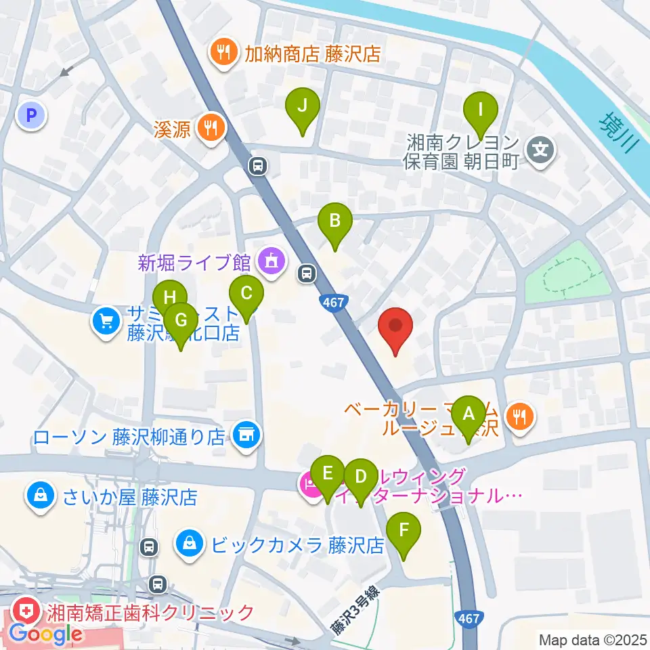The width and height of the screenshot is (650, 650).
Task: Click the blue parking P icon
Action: pos(31,116)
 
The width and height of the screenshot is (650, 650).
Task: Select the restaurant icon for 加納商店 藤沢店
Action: pos(223,53)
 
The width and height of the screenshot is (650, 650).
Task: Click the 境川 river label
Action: pos(617,133)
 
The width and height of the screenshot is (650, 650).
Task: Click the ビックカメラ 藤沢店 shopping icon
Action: pos(190,544)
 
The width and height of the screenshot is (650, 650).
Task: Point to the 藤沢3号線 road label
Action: pos(355,611)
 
